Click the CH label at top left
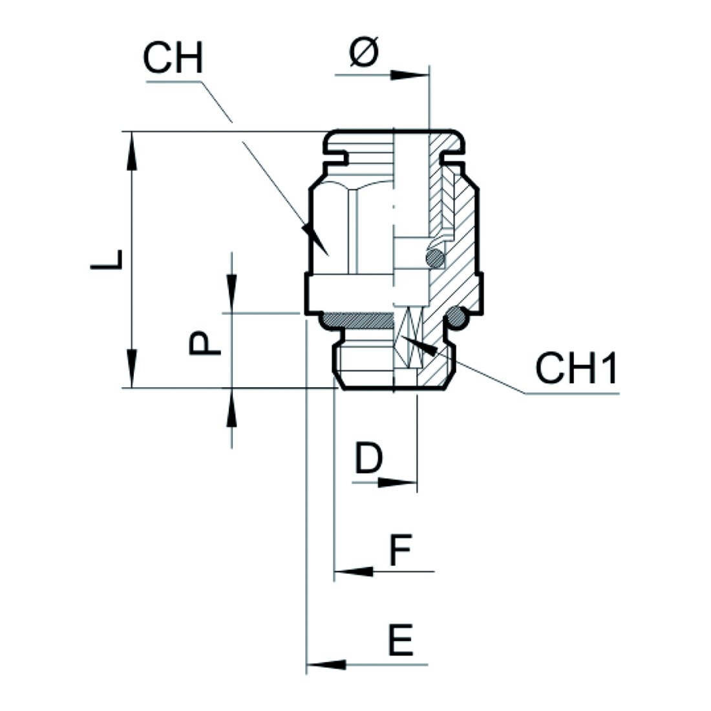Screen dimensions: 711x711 click(173, 59)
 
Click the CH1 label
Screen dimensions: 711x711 click(576, 369)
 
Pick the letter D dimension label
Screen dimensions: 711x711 click(369, 460)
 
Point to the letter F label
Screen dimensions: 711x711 click(400, 551)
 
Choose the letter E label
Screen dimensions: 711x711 click(401, 641)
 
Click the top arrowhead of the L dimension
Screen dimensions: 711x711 click(132, 149)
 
